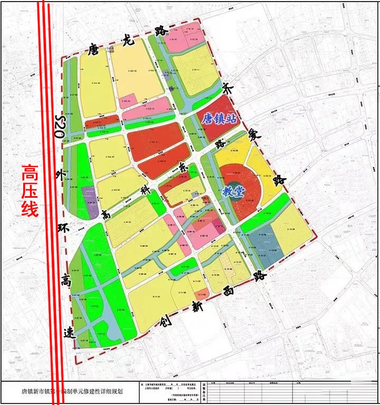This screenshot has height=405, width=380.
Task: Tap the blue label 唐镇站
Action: point(218,118)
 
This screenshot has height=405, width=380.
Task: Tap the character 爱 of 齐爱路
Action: point(256,135)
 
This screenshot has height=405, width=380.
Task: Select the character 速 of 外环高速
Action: point(69,332)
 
